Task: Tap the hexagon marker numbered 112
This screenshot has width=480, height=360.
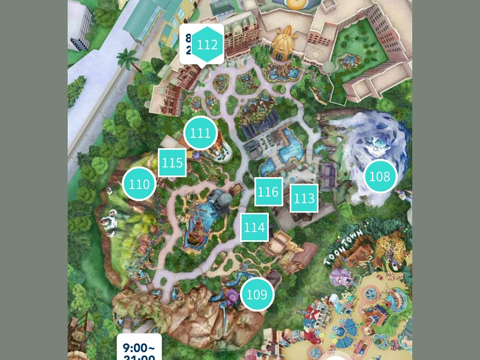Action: pyautogui.click(x=207, y=45)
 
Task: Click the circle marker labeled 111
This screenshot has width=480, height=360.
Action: pyautogui.click(x=200, y=133)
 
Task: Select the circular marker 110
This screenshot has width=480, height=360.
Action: pyautogui.click(x=139, y=184)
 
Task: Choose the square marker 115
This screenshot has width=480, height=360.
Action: pyautogui.click(x=172, y=163)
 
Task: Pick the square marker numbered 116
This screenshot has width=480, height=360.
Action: pyautogui.click(x=268, y=192)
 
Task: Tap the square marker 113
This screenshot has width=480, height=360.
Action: pyautogui.click(x=304, y=198)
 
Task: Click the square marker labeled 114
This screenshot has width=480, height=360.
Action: pyautogui.click(x=254, y=227)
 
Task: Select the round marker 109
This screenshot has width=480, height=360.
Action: pyautogui.click(x=257, y=294)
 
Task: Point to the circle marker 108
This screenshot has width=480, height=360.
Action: pyautogui.click(x=380, y=176)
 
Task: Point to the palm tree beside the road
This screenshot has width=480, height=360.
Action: pyautogui.click(x=128, y=59)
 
